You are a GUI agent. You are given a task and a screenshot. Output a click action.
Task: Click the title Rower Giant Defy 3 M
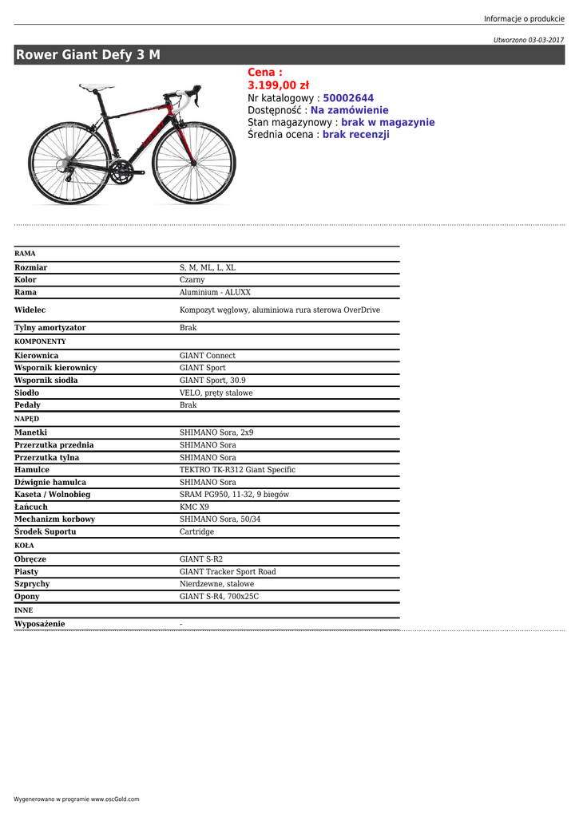click(x=88, y=55)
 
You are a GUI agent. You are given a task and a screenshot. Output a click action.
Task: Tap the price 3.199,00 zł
click(x=278, y=85)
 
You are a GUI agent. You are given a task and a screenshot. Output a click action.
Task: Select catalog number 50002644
click(x=348, y=98)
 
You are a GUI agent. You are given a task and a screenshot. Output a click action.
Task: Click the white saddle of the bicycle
click(x=97, y=87)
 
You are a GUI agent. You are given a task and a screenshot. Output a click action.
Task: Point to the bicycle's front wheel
click(x=194, y=162)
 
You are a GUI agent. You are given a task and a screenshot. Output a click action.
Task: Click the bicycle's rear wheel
click(x=69, y=163)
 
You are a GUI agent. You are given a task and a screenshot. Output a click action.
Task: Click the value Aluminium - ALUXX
click(x=215, y=293)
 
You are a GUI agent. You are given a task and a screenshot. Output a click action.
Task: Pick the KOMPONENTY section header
click(x=40, y=341)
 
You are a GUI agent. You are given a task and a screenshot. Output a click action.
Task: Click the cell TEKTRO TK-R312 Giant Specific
click(x=237, y=470)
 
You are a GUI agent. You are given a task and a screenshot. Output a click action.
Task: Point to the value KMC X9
click(x=194, y=507)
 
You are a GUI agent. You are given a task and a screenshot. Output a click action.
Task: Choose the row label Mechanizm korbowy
click(x=54, y=519)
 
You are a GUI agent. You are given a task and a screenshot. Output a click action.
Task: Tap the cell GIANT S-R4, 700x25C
click(x=219, y=597)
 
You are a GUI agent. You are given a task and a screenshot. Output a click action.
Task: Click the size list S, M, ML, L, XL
click(x=208, y=268)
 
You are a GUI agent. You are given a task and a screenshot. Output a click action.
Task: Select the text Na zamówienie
click(x=349, y=110)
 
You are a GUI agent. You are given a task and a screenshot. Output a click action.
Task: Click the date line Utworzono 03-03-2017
click(x=528, y=40)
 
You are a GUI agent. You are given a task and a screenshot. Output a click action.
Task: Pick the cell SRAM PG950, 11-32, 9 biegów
click(x=234, y=495)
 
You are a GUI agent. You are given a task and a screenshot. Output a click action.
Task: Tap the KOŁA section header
click(x=25, y=546)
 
